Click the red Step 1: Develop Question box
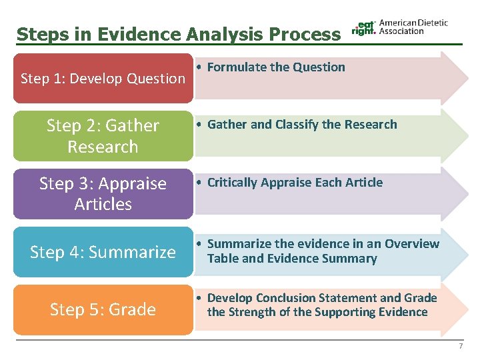(103, 79)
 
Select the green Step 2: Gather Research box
(103, 136)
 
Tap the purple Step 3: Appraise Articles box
(103, 193)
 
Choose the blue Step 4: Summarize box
(103, 252)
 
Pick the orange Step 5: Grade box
(103, 309)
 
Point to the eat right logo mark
(363, 27)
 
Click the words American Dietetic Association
(413, 27)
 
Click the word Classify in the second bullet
(297, 125)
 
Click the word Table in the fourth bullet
(223, 259)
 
